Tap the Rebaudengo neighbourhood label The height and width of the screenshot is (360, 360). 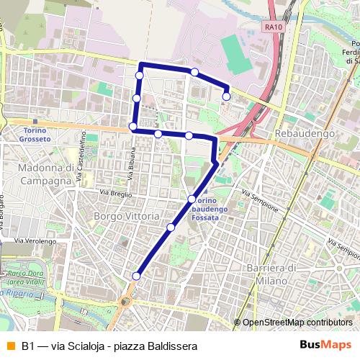tap(305, 134)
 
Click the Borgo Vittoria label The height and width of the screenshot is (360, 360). tap(125, 215)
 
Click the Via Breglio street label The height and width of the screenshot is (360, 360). tap(115, 193)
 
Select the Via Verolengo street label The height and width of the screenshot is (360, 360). tap(36, 240)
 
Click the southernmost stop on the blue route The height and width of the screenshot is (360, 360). tap(136, 276)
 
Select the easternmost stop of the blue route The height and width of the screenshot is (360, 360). tap(226, 96)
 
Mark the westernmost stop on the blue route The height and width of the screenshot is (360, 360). tap(132, 127)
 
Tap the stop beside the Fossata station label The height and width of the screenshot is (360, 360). tap(192, 199)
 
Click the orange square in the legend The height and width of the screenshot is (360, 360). tap(10, 346)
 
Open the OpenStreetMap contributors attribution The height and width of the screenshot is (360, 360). tap(297, 323)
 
